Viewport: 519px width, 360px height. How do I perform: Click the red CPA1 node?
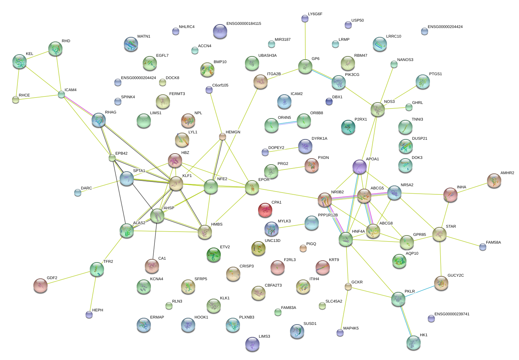265,210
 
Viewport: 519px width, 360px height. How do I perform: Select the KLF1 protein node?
176,183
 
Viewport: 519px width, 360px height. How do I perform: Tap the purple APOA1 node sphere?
360,167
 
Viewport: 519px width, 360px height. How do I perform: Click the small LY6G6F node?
305,18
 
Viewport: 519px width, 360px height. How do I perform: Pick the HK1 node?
414,343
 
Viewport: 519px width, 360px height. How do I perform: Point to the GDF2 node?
40,285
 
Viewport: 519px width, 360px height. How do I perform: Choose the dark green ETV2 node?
214,254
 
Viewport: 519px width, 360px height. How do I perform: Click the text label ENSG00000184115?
244,24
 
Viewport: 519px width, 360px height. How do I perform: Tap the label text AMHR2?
507,173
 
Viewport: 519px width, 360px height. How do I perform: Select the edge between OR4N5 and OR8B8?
288,123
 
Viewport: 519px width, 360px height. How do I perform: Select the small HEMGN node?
223,137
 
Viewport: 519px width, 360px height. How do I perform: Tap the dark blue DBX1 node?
329,102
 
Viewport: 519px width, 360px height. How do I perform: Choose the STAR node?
439,234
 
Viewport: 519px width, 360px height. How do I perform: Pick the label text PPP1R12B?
328,215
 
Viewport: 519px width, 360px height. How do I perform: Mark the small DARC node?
78,193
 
